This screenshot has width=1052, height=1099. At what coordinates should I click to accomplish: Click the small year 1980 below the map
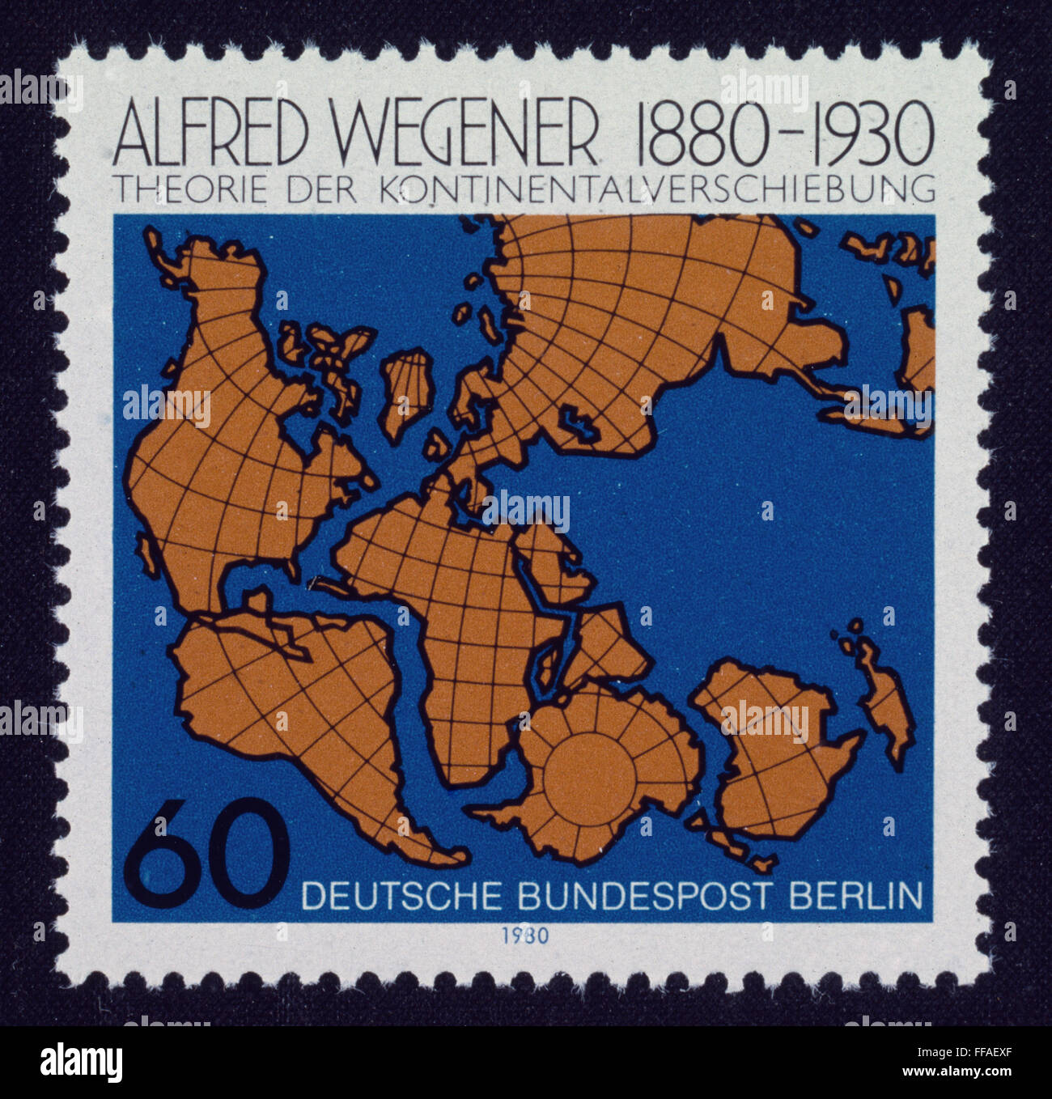[x=524, y=936]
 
